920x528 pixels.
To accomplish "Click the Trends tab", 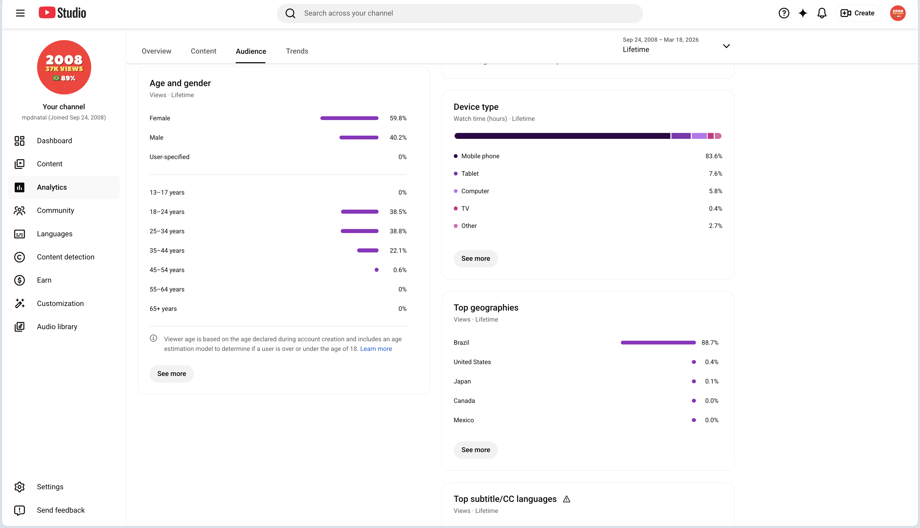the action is [x=297, y=51].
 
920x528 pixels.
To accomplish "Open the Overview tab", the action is [x=156, y=51].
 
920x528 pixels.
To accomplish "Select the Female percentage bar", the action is [x=349, y=118].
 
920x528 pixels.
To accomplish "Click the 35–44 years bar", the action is [x=367, y=251].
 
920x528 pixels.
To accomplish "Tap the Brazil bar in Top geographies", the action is [x=658, y=343].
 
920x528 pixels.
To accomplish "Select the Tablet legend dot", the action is [x=456, y=174].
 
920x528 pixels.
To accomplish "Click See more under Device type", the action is [x=476, y=259].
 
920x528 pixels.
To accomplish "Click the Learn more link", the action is [x=376, y=349].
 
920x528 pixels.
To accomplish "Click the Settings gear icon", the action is [x=20, y=487].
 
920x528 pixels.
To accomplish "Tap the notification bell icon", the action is [x=822, y=13].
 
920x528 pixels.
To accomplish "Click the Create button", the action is [x=858, y=13].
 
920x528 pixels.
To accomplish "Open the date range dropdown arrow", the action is [x=726, y=46].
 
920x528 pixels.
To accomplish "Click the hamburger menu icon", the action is [x=20, y=13].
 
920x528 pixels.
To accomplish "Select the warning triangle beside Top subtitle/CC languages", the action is [x=567, y=499].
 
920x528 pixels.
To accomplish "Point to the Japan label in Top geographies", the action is [x=462, y=382].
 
